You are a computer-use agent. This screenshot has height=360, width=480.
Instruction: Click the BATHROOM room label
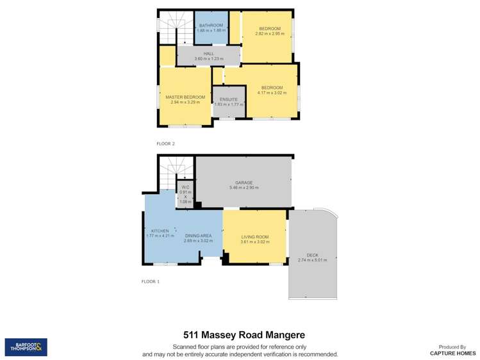click(211, 25)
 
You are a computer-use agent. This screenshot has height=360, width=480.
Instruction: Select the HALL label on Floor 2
click(209, 54)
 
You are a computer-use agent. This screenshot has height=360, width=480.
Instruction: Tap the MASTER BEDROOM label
click(185, 97)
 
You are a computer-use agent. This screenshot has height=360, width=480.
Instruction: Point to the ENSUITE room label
click(229, 99)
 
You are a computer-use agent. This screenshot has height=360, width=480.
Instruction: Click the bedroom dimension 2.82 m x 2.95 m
click(270, 33)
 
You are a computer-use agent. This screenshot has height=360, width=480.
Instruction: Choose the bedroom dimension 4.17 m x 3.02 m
click(272, 92)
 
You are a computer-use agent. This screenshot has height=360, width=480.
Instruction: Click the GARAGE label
click(244, 183)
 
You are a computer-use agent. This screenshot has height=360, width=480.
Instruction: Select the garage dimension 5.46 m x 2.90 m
click(244, 188)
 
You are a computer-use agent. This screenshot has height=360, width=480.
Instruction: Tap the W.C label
click(185, 187)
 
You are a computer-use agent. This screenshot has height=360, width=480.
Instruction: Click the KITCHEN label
click(160, 231)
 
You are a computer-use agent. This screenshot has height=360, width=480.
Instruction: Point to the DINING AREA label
click(198, 236)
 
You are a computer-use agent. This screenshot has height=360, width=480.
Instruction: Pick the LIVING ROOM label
click(254, 236)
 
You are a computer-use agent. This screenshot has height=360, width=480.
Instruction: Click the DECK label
click(313, 255)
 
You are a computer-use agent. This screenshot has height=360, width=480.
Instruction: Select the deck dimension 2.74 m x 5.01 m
click(313, 260)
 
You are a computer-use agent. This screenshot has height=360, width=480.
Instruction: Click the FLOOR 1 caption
click(150, 281)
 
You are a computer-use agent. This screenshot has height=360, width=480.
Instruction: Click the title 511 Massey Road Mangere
click(240, 335)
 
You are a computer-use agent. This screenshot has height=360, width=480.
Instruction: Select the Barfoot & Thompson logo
click(26, 347)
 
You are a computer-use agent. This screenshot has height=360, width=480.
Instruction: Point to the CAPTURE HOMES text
click(452, 353)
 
